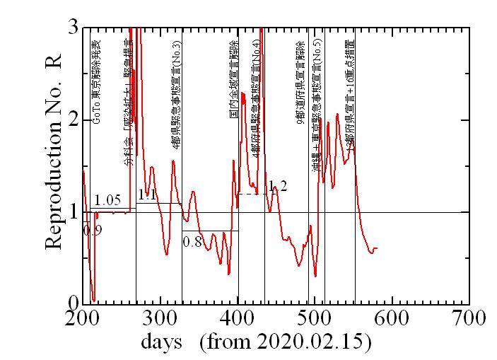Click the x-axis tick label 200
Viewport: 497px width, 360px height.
[83, 318]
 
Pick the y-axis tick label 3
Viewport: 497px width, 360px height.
[72, 27]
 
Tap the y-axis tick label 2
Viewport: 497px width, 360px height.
[72, 120]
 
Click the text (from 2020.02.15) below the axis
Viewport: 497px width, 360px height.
[286, 342]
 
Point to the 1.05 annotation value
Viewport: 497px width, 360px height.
[107, 200]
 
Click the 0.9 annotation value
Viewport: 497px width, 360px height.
[93, 230]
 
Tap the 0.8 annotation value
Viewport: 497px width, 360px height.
[192, 241]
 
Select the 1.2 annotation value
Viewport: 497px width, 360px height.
[278, 186]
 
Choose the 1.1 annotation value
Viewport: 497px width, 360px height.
[147, 194]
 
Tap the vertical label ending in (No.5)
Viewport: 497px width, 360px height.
[318, 113]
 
